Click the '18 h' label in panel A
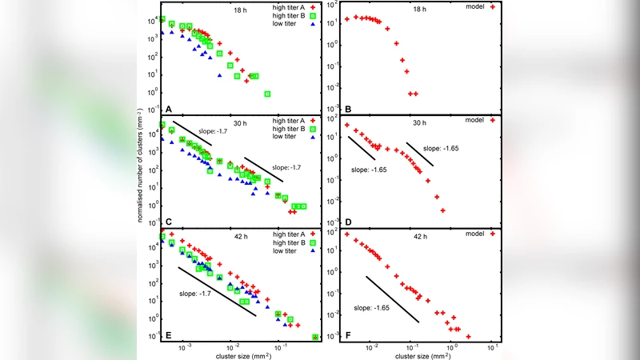242,10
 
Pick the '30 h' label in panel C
242,124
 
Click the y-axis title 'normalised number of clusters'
141,178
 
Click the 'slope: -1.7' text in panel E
194,294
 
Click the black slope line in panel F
392,298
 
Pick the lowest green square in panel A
267,94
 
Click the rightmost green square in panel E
315,337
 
